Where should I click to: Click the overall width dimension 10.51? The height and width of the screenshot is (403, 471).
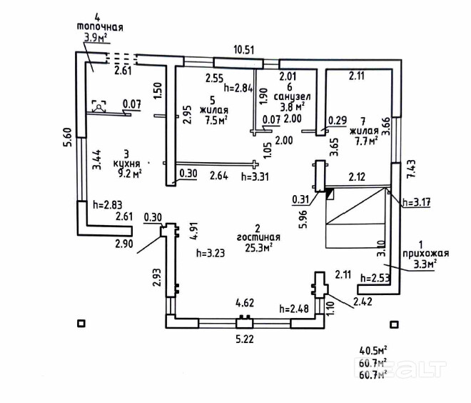click(245, 49)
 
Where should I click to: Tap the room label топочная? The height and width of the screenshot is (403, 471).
click(100, 27)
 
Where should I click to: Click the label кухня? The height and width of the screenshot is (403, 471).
click(127, 162)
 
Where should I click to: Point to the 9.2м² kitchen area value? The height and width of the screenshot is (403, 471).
click(127, 172)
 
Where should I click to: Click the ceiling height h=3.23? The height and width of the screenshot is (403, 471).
click(211, 252)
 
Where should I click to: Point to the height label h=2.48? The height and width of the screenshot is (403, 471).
click(293, 309)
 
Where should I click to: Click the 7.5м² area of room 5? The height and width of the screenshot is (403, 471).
click(214, 121)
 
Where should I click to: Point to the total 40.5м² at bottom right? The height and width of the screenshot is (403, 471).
click(372, 350)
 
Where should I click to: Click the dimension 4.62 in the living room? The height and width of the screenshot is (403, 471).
click(245, 303)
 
